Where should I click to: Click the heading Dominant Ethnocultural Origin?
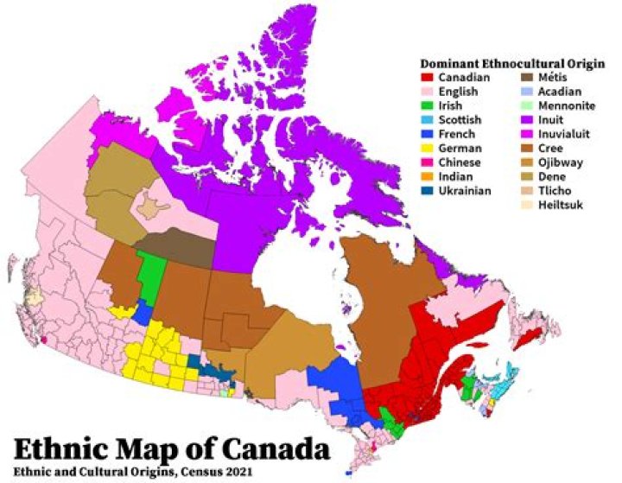coord(505,63)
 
